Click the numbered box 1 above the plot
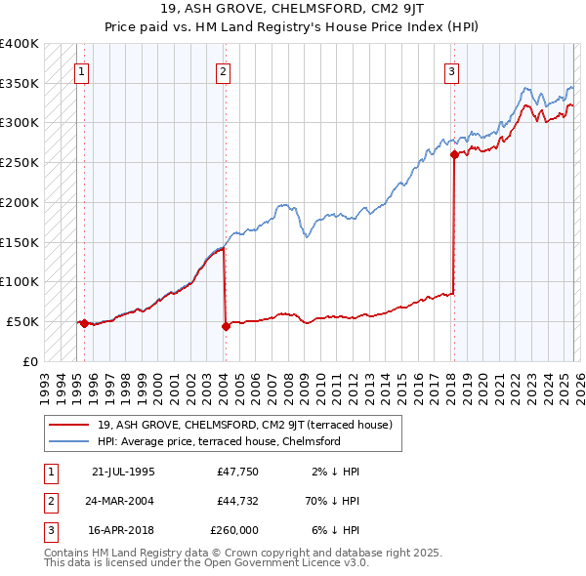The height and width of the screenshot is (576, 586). point(81,70)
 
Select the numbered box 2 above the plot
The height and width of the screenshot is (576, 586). point(224,70)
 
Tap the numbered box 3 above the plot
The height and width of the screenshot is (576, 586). point(452,70)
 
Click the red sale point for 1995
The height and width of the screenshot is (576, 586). point(84,323)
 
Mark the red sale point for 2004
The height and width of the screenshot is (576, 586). point(226,326)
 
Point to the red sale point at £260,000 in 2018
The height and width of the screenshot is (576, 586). point(454,154)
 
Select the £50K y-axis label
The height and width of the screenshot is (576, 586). point(23,321)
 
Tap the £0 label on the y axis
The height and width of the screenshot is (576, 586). point(30,361)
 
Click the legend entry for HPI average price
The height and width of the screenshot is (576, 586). point(218,441)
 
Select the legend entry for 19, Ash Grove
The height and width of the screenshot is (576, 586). point(244,425)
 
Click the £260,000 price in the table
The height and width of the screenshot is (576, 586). point(234,530)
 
